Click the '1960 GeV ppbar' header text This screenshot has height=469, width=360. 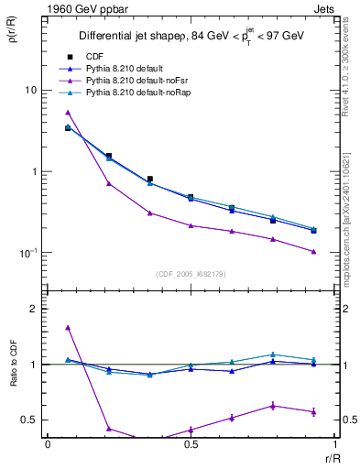pyautogui.click(x=82, y=8)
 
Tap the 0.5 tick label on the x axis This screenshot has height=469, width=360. pyautogui.click(x=191, y=444)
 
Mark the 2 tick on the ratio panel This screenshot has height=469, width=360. pyautogui.click(x=36, y=310)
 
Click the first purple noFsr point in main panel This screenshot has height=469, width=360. pyautogui.click(x=68, y=112)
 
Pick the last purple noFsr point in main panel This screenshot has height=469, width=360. pyautogui.click(x=313, y=251)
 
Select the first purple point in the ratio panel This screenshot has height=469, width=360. pyautogui.click(x=68, y=327)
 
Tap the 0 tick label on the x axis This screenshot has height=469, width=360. pyautogui.click(x=48, y=444)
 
